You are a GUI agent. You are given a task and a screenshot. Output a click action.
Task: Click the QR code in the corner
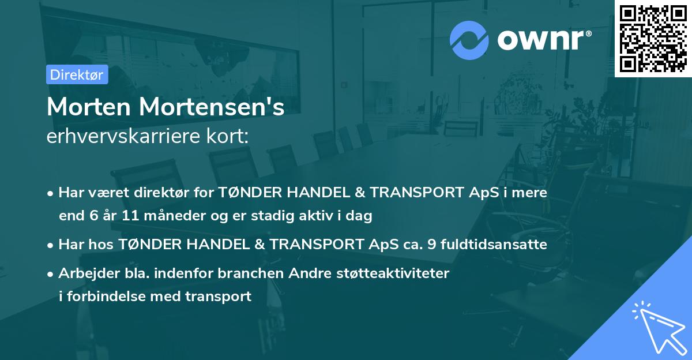(653, 39)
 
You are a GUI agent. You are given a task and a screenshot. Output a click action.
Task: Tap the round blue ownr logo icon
(469, 40)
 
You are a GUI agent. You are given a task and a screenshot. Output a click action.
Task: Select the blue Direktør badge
(77, 74)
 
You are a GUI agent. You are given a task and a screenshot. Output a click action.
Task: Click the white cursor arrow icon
(657, 326)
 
